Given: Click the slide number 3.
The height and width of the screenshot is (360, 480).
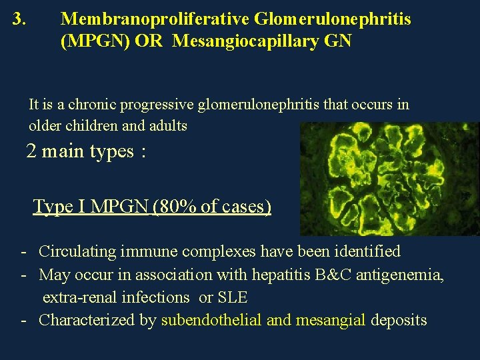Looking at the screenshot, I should tap(19, 19).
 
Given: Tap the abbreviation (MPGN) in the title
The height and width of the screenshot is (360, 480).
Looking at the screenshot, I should tap(95, 41).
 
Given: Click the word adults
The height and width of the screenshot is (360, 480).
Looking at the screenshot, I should tap(169, 125).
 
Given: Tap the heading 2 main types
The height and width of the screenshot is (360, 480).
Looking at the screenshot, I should tap(85, 151).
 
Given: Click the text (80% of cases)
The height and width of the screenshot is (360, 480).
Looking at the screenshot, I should tap(212, 207).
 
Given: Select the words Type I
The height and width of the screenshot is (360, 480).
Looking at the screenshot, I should tap(60, 207).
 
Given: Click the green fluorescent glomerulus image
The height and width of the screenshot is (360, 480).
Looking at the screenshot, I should tap(389, 179).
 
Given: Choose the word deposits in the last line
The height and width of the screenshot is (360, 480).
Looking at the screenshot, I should tap(399, 320).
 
